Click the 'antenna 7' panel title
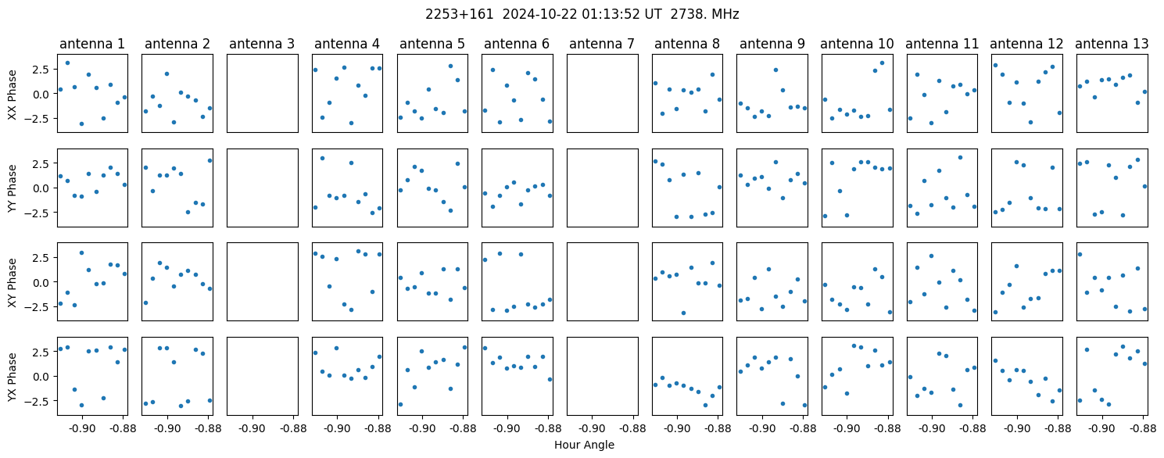coord(602,44)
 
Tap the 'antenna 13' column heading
coord(1112,44)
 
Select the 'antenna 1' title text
coord(92,44)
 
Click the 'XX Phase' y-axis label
coord(12,94)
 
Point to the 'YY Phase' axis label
coord(12,188)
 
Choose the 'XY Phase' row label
coord(12,282)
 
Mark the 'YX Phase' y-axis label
coord(12,377)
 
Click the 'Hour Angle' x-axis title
coord(584,445)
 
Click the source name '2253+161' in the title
coord(460,15)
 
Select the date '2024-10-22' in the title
coord(540,15)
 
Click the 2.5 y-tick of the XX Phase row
coord(43,70)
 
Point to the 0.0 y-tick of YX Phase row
coord(43,377)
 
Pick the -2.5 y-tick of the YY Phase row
coord(40,213)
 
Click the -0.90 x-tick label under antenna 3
coord(252,429)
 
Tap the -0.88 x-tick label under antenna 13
coord(1143,429)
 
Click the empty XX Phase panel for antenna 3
coord(263,94)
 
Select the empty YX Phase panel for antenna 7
coord(602,377)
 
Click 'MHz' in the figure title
coord(725,15)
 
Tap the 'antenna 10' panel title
coord(857,44)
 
